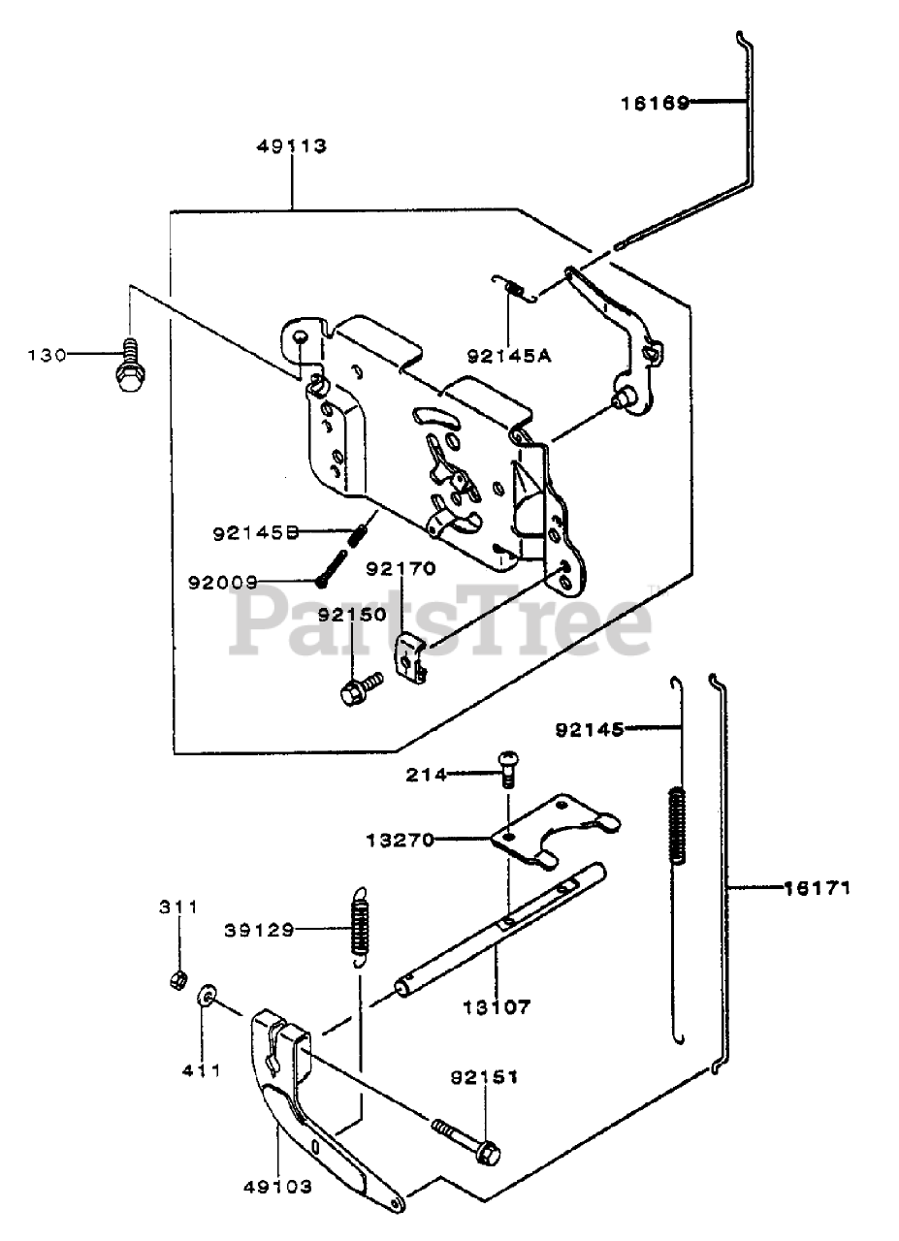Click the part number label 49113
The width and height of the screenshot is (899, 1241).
click(x=292, y=146)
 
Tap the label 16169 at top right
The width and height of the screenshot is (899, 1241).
click(x=655, y=103)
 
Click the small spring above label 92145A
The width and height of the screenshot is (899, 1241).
click(x=516, y=288)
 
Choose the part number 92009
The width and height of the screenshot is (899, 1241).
click(x=223, y=583)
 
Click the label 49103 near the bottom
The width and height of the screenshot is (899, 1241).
click(x=278, y=1187)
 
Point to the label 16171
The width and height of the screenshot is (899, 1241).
click(x=818, y=886)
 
